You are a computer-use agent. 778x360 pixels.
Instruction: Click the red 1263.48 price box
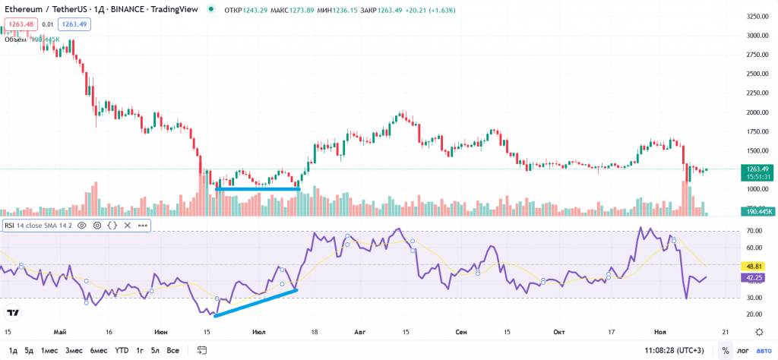pos(16,24)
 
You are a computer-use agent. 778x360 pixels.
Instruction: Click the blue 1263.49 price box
pos(74,24)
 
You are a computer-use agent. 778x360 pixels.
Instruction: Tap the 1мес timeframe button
pos(49,350)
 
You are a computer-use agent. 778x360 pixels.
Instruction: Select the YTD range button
pos(121,350)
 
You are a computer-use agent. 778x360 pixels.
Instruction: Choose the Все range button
pos(172,350)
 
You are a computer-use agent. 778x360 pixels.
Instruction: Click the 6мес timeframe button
pos(98,350)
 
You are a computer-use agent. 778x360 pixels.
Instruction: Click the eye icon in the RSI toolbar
pos(81,226)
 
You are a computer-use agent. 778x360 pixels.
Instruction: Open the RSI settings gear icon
pos(97,226)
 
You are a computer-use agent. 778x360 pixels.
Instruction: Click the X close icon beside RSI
pos(127,226)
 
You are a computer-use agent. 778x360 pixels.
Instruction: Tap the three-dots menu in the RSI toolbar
pos(142,226)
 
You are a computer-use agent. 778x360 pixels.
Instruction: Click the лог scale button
pos(742,350)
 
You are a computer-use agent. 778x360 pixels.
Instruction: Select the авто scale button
pos(763,350)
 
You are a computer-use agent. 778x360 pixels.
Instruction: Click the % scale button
pos(725,350)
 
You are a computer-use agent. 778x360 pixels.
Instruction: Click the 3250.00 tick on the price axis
pos(757,16)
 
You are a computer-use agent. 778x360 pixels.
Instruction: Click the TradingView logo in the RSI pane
pos(13,312)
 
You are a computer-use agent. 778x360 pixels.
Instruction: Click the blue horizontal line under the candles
pos(258,188)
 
